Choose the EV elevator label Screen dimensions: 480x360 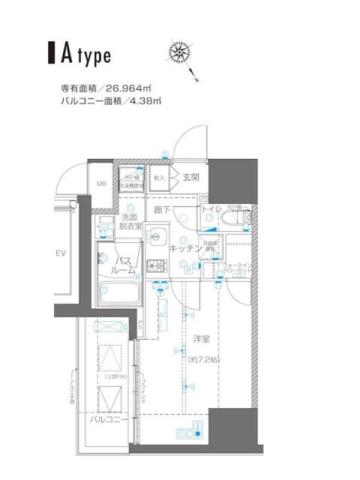[x=60, y=252]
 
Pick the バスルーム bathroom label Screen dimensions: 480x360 [x=116, y=265]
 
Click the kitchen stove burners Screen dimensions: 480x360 [x=156, y=267]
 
